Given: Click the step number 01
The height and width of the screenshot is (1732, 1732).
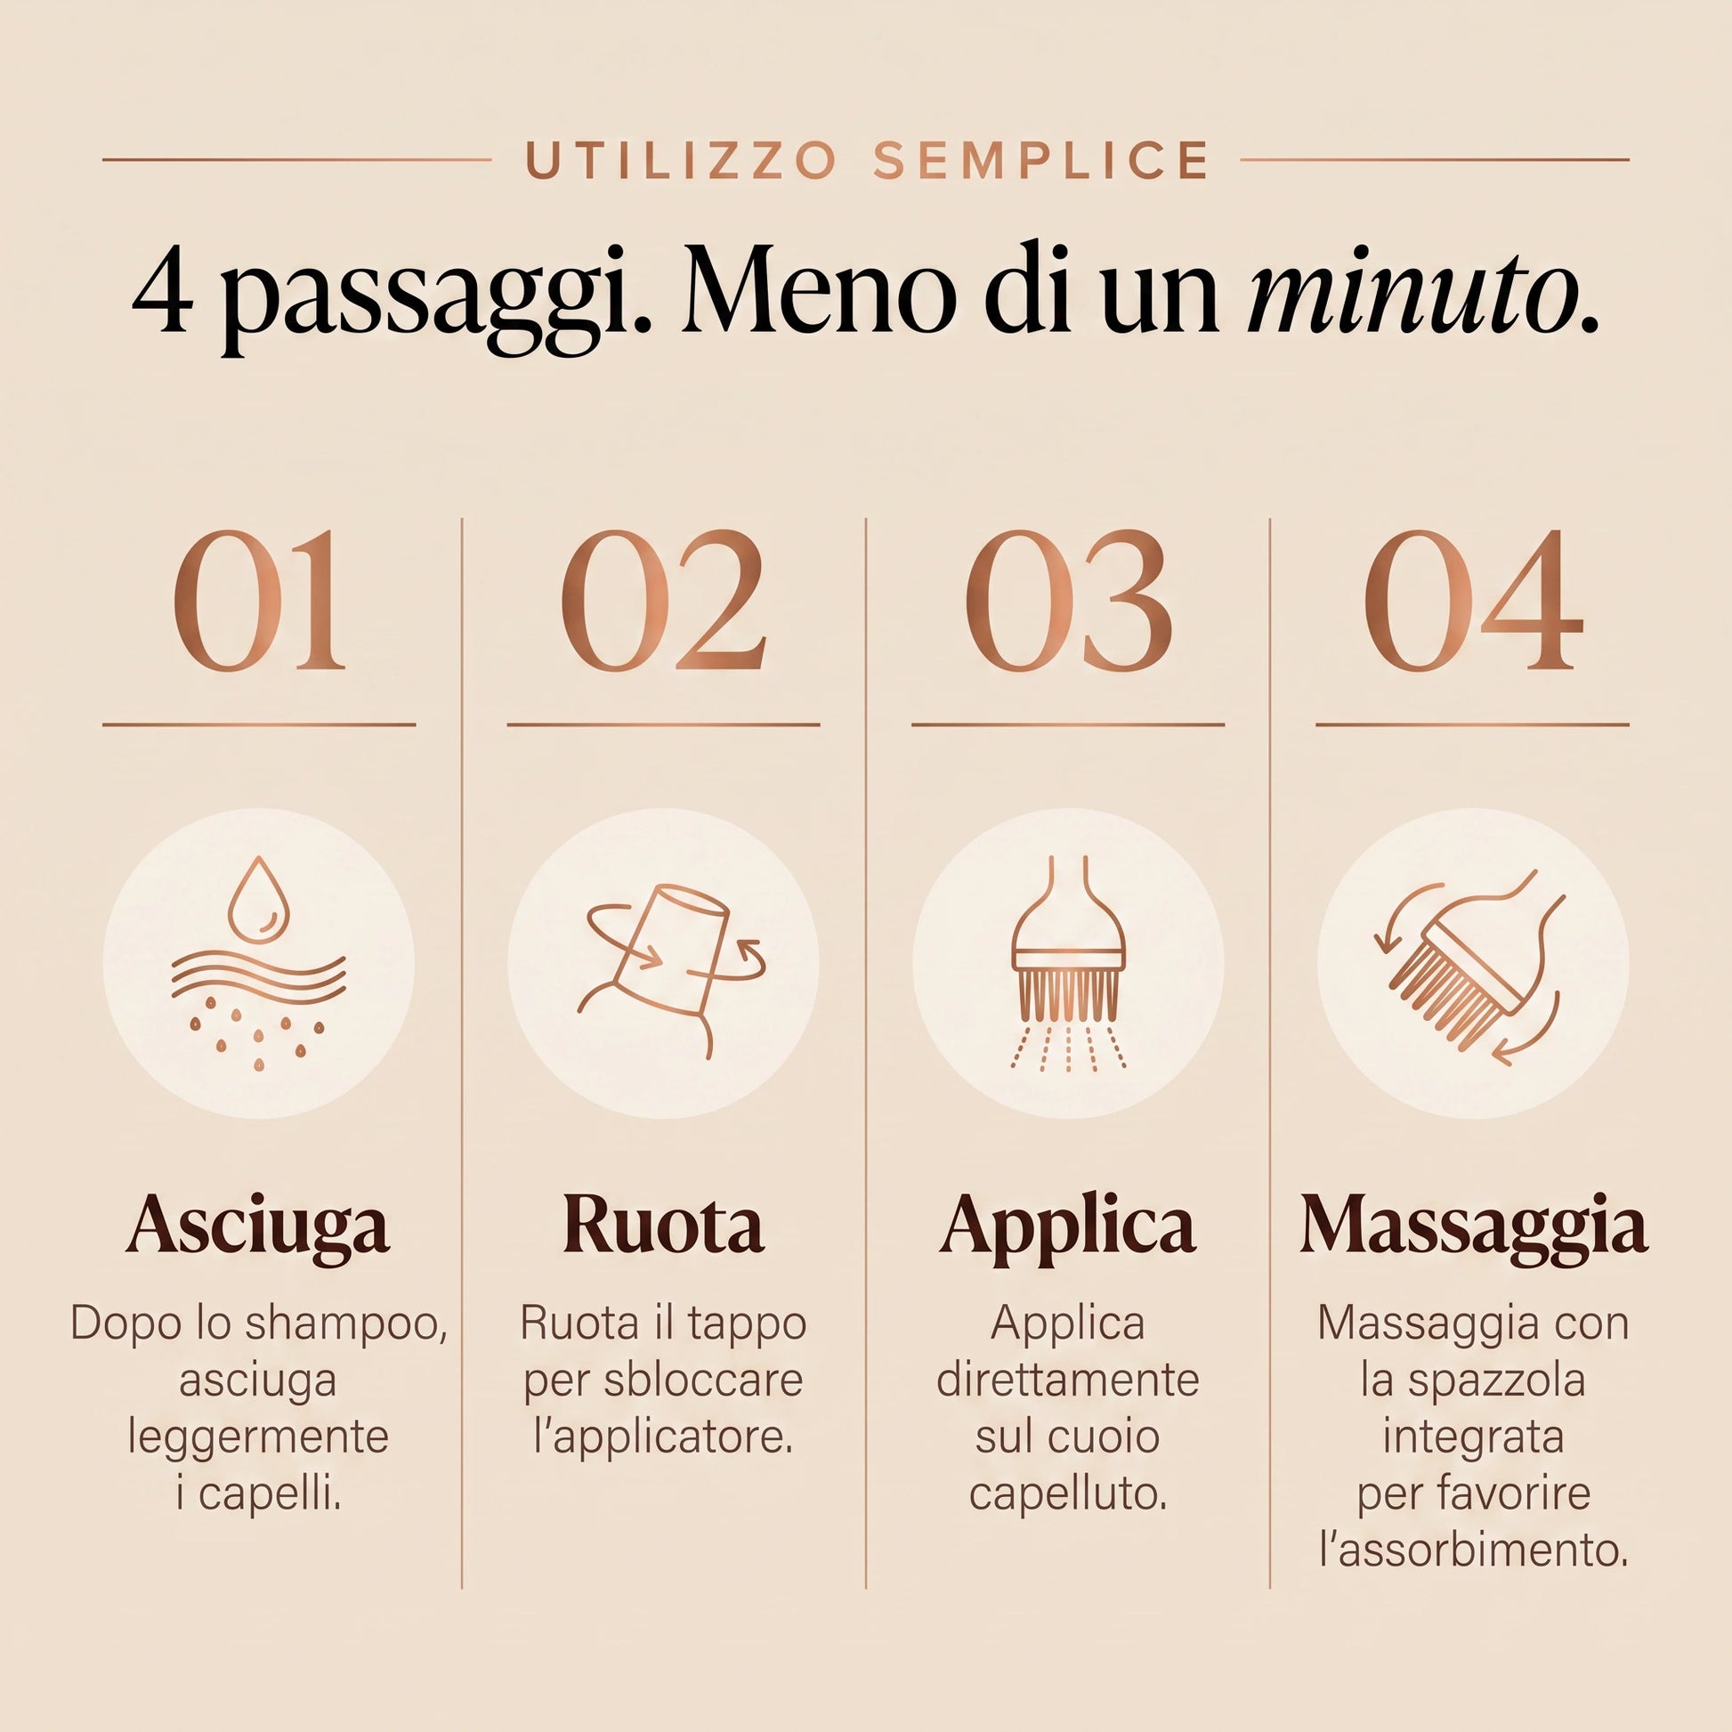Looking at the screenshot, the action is coord(259,601).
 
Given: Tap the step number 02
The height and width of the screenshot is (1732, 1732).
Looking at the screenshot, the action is coord(663,601).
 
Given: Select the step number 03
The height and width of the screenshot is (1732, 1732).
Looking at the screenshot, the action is coord(1068,601).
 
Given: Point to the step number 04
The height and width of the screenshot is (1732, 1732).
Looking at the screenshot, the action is coord(1473,601).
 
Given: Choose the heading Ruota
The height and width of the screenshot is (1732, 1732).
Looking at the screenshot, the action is coord(663,1225).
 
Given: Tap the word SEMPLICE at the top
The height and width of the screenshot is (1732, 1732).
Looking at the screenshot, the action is coord(1040,160).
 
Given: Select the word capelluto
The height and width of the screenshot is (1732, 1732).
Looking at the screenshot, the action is coord(1068,1494).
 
